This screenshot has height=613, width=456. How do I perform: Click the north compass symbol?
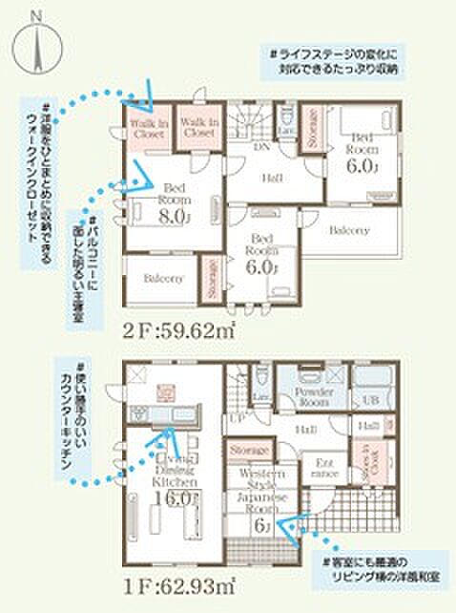(x=35, y=44)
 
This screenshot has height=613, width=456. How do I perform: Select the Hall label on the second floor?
(x=272, y=177)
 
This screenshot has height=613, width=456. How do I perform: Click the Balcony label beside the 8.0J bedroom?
(x=163, y=278)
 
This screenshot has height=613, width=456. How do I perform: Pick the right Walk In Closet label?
(x=197, y=129)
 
